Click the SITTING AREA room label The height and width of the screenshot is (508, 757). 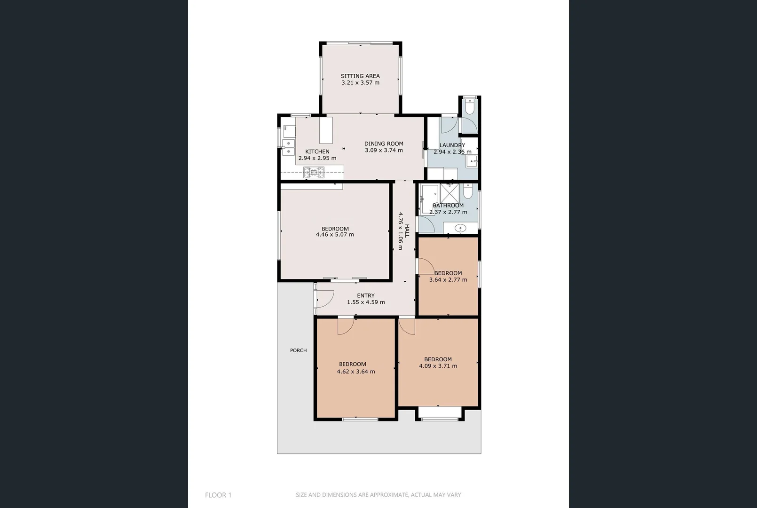point(360,76)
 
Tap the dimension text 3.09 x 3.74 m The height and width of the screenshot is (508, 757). point(384,151)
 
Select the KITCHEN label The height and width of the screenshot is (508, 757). point(317,151)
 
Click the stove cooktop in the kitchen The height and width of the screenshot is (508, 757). point(313,173)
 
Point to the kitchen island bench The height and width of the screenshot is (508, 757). point(326,130)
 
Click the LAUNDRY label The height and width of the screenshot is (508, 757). point(452,145)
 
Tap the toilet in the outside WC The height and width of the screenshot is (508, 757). point(469,107)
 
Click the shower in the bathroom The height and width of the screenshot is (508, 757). point(449,193)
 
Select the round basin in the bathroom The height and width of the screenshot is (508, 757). point(461,229)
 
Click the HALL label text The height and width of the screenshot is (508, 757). point(407,230)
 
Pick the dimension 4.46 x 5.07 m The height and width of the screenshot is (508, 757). point(335,234)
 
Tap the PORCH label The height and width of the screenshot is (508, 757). point(298,350)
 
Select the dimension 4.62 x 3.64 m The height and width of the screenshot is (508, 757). point(356,372)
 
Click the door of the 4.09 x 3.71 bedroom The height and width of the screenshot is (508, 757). point(407,326)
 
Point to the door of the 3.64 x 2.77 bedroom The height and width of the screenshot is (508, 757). point(426,266)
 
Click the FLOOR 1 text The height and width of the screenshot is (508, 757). point(218,495)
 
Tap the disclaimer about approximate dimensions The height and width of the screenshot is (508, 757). point(378,495)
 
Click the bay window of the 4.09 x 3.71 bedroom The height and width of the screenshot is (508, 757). point(440,414)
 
